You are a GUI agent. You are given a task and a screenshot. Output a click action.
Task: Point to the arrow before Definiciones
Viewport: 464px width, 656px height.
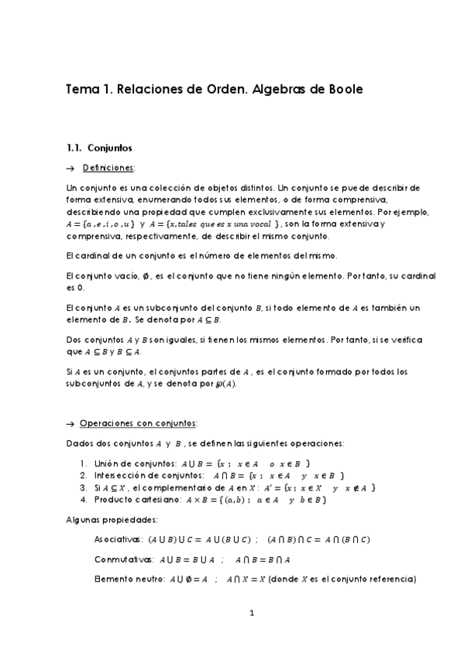(71, 168)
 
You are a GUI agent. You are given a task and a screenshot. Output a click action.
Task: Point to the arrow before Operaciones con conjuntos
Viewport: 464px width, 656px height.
(71, 423)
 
